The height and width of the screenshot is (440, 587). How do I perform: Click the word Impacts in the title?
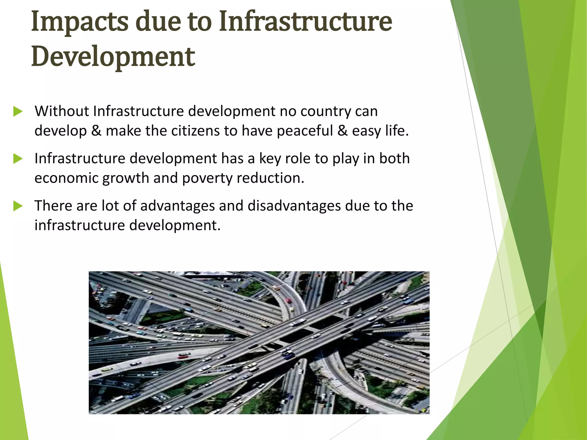[80, 22]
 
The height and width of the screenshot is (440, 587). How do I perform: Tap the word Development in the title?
[113, 57]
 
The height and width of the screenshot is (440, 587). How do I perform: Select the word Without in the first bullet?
[62, 111]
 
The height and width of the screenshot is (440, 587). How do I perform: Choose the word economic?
[66, 178]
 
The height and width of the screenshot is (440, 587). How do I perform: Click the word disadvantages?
[294, 206]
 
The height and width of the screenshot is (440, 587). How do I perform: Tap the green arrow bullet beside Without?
[18, 111]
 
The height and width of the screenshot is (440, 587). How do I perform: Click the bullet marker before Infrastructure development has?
[18, 159]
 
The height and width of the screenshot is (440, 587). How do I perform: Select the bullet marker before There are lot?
[18, 206]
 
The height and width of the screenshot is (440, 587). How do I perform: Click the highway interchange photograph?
[259, 342]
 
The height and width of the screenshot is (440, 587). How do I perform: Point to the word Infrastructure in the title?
[305, 22]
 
